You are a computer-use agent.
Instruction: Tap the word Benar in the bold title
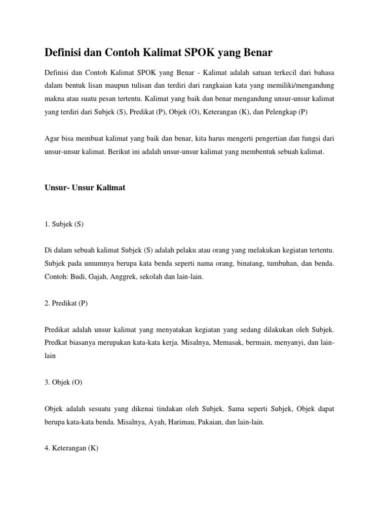[x=256, y=52]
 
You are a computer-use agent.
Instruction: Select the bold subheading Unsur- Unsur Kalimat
[x=85, y=188]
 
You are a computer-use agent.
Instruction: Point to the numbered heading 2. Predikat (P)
[x=66, y=303]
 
